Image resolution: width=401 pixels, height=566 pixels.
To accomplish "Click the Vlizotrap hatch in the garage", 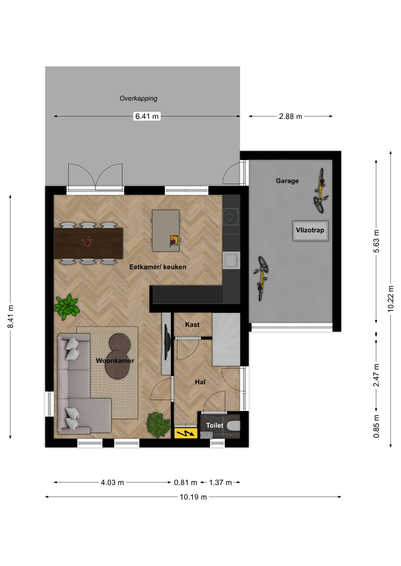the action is [x=310, y=231].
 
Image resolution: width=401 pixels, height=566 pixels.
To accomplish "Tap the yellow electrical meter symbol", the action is [x=185, y=433].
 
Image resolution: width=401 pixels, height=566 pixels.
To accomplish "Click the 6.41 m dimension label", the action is [x=147, y=116].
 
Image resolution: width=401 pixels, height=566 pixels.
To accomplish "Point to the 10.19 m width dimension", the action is [x=193, y=497].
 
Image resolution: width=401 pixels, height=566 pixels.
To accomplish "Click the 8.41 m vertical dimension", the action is [x=11, y=317].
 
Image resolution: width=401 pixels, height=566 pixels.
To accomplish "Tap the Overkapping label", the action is [x=138, y=98].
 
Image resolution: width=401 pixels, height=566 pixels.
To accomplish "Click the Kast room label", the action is [x=192, y=325].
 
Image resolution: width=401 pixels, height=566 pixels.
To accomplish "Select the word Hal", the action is [x=200, y=382].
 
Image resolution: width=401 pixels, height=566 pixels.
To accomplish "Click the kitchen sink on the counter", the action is [x=231, y=260].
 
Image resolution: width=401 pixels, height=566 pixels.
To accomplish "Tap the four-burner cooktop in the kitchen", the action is [x=230, y=217].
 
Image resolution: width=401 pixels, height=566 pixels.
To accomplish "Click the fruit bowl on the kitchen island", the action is [x=174, y=241].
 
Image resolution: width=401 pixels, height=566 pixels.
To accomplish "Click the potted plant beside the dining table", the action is [x=67, y=307].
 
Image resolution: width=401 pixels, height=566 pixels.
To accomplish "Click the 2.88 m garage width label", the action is [x=291, y=116].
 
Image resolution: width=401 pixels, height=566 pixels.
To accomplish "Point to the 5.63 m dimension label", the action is [x=376, y=241].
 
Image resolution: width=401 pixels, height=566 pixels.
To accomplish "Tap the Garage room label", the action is [x=287, y=181].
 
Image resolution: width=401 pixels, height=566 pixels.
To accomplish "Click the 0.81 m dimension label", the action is [x=185, y=483].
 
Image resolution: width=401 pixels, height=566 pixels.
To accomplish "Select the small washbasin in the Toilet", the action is [x=206, y=435].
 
